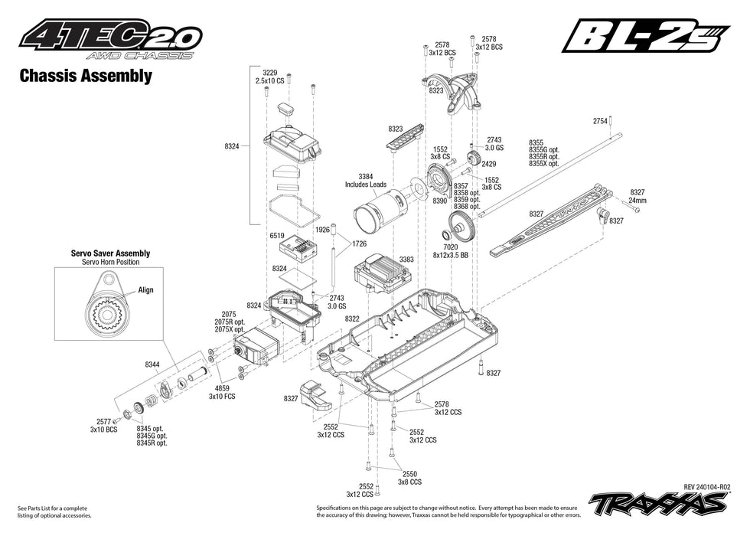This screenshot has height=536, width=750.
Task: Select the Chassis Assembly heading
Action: click(85, 76)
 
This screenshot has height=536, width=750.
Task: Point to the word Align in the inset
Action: click(146, 290)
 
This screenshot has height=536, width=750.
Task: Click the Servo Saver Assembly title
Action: click(110, 253)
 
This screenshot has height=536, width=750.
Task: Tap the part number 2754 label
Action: click(600, 121)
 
